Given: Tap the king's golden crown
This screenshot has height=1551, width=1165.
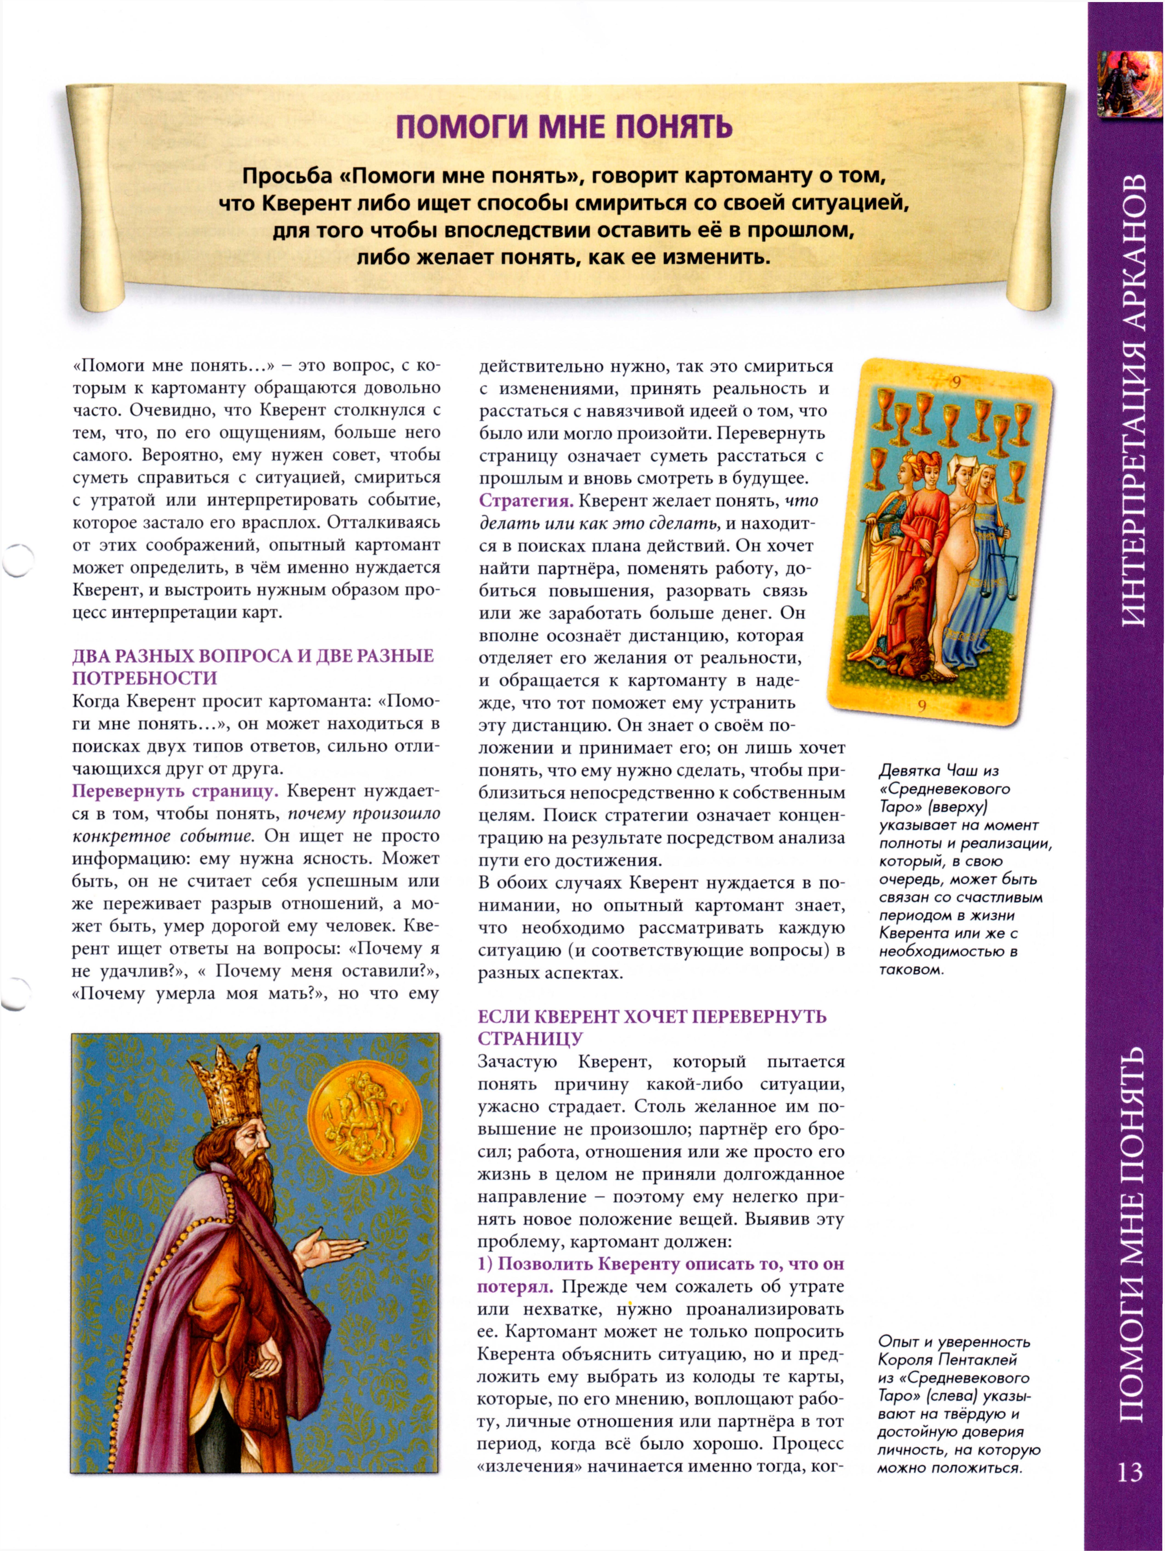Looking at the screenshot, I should tap(228, 1085).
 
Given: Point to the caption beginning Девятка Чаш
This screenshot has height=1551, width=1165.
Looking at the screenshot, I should tap(964, 869).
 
